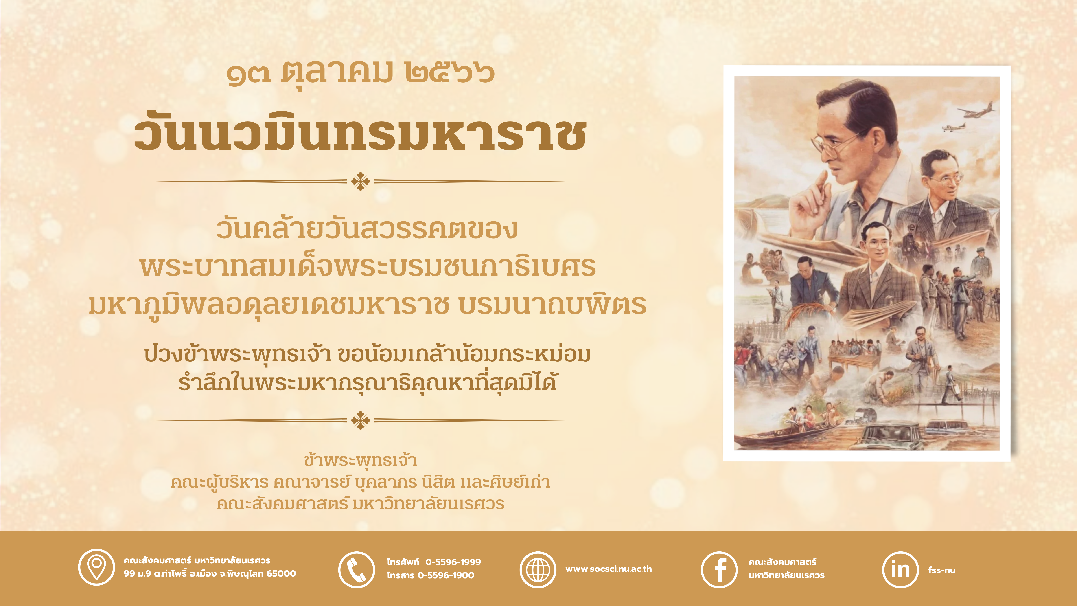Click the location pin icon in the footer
pyautogui.click(x=96, y=568)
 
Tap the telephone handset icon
pyautogui.click(x=356, y=570)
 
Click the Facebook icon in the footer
pyautogui.click(x=719, y=570)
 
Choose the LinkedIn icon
pyautogui.click(x=901, y=570)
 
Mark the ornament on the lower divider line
pyautogui.click(x=360, y=420)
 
